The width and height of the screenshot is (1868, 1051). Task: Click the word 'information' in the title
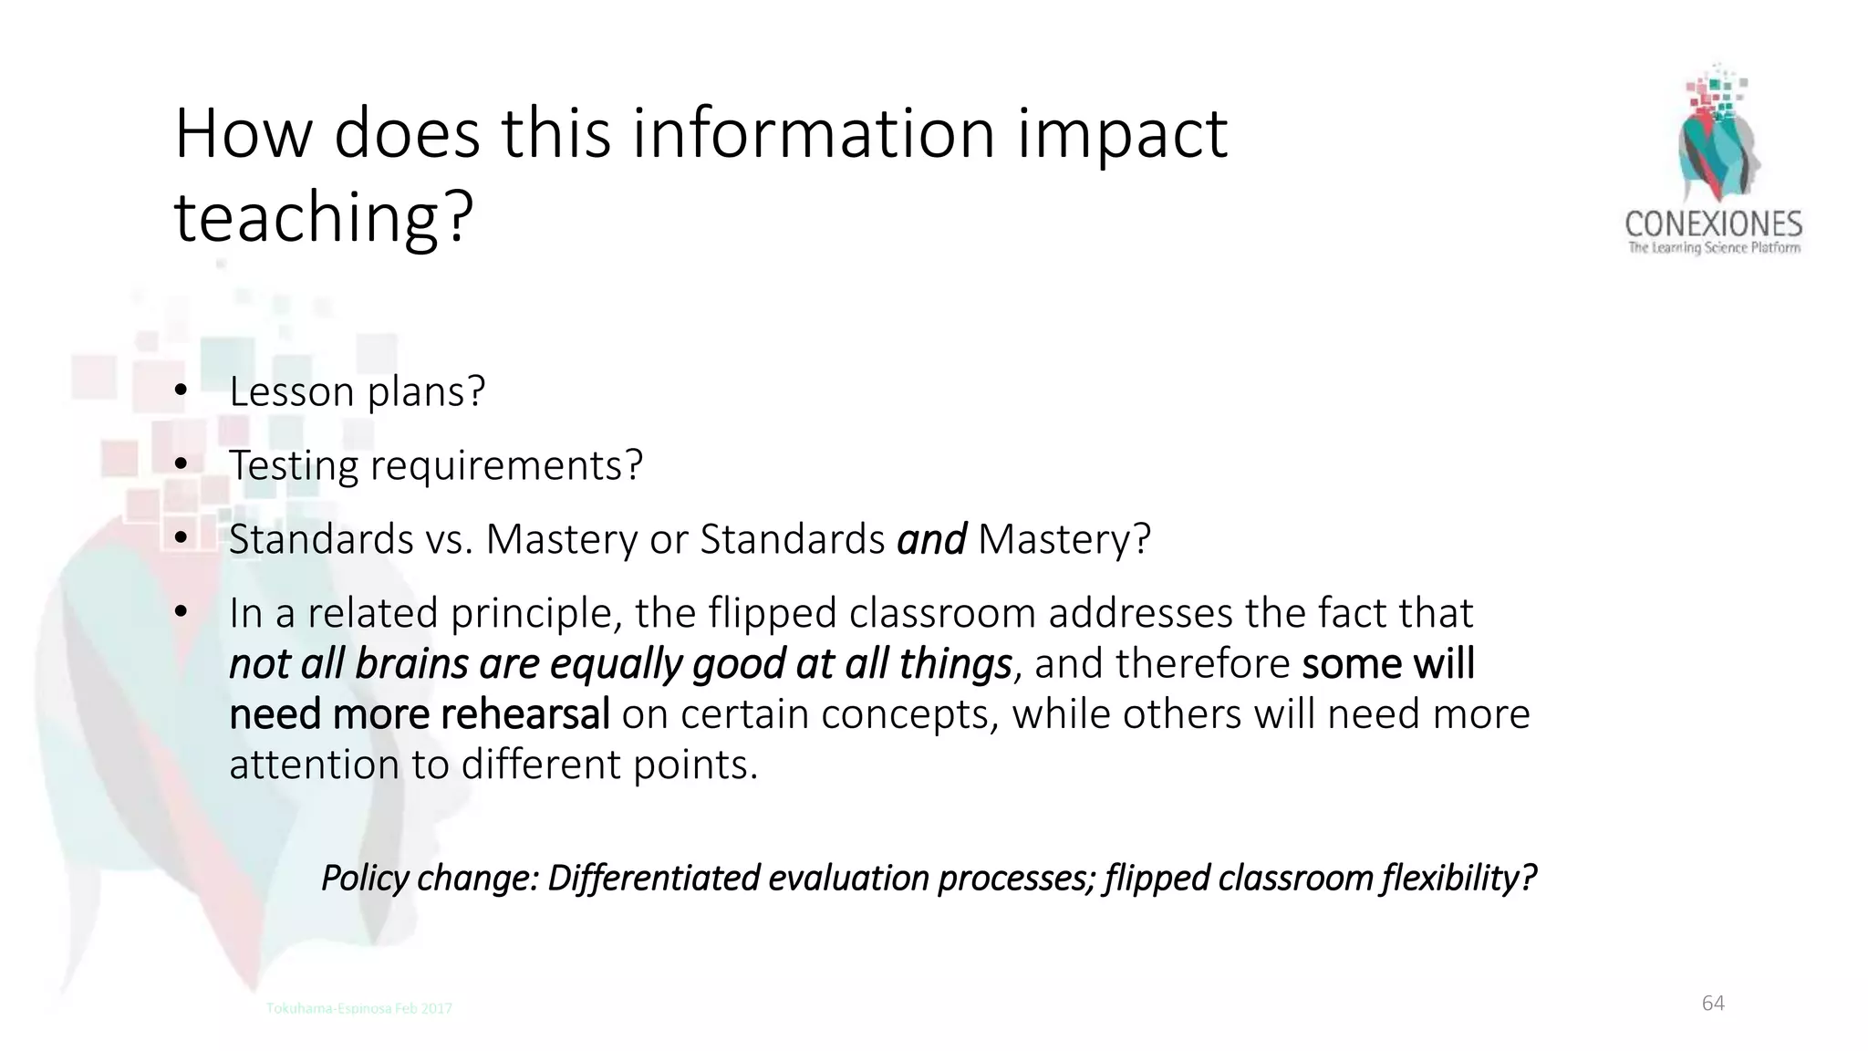click(x=815, y=133)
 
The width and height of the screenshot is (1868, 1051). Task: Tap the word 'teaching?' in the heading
click(x=324, y=217)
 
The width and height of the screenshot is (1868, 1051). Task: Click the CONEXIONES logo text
click(x=1713, y=224)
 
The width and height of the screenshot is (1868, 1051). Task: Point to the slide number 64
click(x=1713, y=1004)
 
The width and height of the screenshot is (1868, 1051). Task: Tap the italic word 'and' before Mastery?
click(x=931, y=539)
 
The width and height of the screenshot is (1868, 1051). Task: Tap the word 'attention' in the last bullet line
click(x=314, y=764)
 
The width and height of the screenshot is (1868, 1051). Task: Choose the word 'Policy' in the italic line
click(x=365, y=878)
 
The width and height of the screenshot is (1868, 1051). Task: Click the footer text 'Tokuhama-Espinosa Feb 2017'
click(x=358, y=1008)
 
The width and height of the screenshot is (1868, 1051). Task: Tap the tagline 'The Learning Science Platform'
click(x=1714, y=248)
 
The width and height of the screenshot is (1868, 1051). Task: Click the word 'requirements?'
click(x=506, y=465)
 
